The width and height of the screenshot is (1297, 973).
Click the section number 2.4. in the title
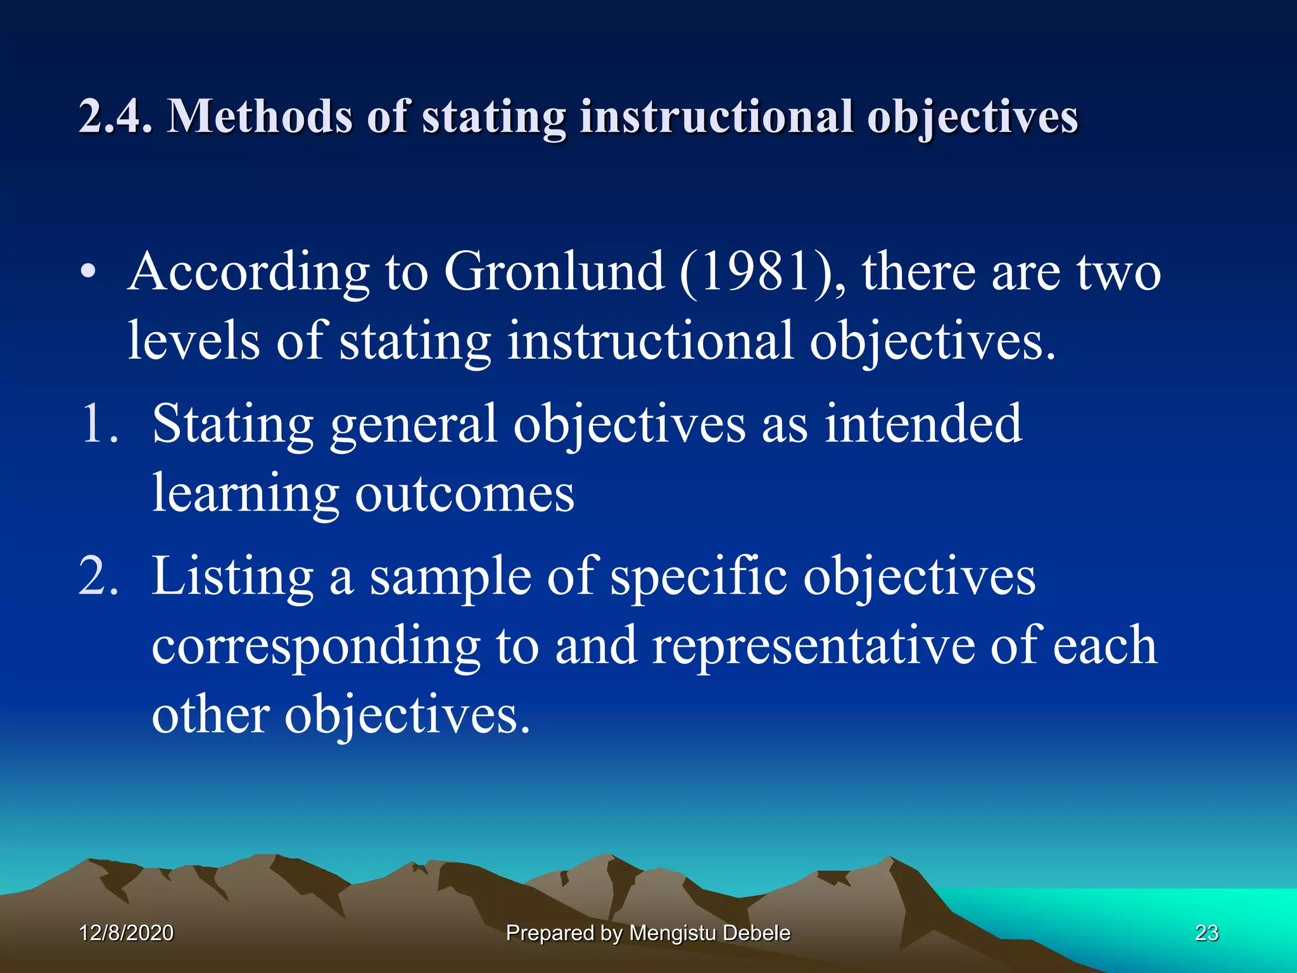[115, 117]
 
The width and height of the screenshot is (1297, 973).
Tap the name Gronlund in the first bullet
[554, 272]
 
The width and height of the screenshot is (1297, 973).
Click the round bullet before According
[89, 273]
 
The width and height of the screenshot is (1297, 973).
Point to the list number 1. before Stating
[100, 424]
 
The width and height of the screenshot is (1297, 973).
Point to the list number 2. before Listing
[99, 576]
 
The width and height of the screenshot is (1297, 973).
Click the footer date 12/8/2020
[126, 932]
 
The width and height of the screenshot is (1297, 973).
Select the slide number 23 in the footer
[1206, 932]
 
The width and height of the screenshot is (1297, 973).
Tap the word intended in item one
[923, 424]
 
